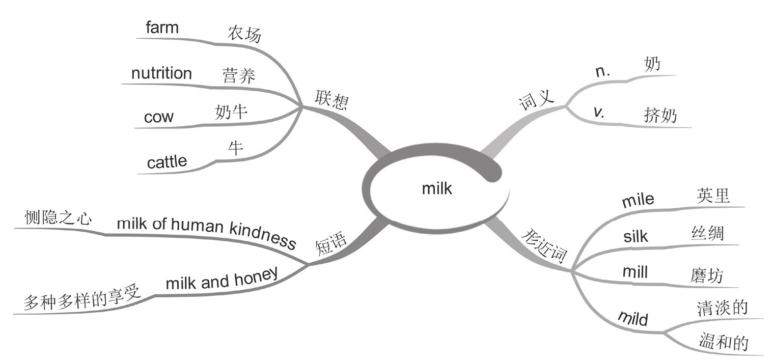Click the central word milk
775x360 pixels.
437,189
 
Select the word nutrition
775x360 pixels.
161,73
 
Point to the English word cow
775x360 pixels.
159,118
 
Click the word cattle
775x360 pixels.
167,162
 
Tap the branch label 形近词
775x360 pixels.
545,246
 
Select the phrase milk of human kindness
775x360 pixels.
206,231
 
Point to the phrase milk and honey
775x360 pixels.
222,279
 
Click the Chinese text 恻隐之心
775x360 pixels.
59,218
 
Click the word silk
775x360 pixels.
635,236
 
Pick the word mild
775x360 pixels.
632,319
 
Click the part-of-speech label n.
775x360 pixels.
603,72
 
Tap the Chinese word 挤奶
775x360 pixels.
660,116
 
